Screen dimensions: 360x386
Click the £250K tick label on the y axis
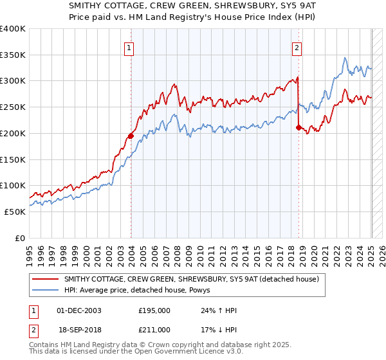tap(13, 107)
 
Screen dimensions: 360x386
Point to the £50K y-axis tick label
tap(15, 212)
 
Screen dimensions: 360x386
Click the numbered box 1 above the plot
tap(129, 47)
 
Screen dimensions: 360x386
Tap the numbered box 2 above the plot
tap(297, 47)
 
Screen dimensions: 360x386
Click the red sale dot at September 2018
tap(299, 127)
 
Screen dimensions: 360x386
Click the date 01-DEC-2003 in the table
tap(79, 310)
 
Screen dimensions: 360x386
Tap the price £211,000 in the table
tap(154, 329)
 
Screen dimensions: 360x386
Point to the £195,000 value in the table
tap(154, 310)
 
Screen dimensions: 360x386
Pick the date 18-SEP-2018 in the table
tap(79, 329)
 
